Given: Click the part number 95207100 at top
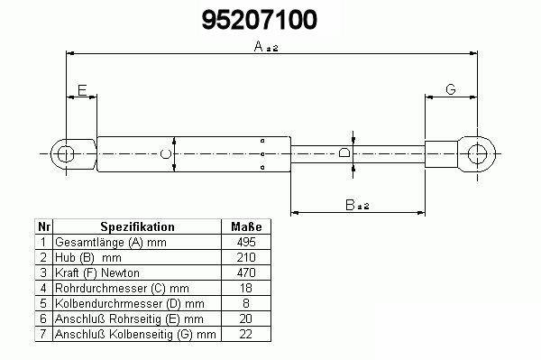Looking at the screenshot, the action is [259, 20].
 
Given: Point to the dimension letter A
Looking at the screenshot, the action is [258, 46].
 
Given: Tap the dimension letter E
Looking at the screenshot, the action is [82, 90].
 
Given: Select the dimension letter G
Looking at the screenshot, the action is [451, 89].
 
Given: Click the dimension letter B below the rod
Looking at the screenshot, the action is [350, 205].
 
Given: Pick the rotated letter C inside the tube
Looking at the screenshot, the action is [166, 154].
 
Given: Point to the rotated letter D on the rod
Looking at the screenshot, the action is [344, 152].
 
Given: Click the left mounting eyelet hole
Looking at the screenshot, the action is [65, 154].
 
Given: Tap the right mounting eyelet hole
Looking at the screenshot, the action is [477, 154].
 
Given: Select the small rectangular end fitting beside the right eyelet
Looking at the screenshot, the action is [441, 154].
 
